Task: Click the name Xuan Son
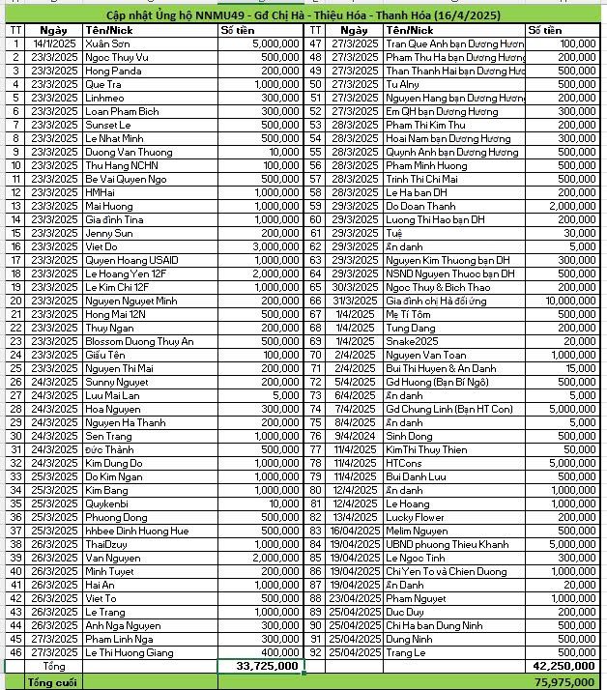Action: coord(105,44)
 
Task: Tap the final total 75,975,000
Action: coord(564,681)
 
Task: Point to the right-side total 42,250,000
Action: coord(564,666)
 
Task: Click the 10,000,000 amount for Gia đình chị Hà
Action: coord(564,301)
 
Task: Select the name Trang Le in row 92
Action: coord(406,652)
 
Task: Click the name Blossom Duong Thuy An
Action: coord(139,341)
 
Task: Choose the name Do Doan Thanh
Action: coord(420,206)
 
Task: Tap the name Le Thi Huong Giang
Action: coord(134,652)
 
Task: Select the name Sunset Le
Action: coord(107,125)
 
